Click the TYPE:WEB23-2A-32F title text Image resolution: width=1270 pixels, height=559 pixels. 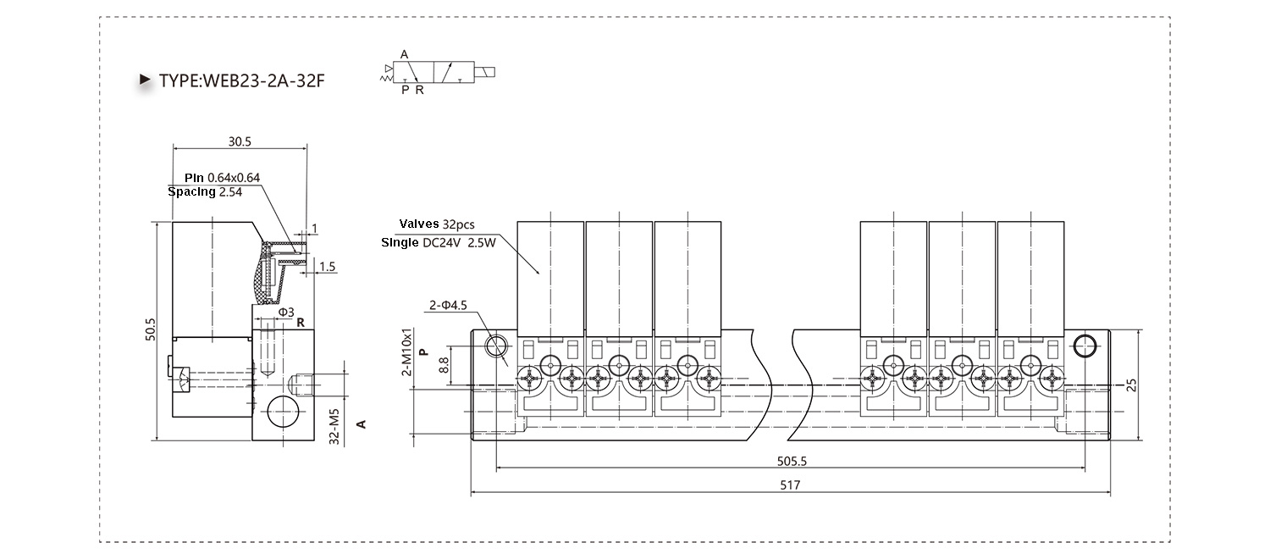pos(241,81)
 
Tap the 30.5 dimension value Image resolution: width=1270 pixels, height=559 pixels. pos(240,141)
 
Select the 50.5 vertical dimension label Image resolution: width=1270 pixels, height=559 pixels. pos(150,329)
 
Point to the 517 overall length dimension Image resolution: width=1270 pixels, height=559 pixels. pos(790,484)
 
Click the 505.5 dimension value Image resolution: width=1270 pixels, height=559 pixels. pos(792,461)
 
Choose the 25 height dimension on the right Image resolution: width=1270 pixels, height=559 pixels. pos(1131,385)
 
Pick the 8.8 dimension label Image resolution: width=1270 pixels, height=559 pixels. pos(444,364)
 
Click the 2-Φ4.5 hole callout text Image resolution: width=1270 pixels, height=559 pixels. pos(448,305)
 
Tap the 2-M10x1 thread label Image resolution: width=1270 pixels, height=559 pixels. pos(406,351)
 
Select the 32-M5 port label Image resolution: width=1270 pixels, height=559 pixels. pos(334,426)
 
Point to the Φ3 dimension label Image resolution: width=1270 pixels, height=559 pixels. pos(286,313)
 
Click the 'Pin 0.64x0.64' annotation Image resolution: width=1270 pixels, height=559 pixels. pos(222,178)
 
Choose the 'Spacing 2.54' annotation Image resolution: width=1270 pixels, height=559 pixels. pos(205,191)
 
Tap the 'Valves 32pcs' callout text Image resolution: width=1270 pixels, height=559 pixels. pos(437,224)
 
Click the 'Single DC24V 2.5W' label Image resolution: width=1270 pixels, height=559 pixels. pos(439,242)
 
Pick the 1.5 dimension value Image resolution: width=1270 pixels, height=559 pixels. pos(327,267)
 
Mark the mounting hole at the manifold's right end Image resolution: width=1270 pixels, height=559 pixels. pos(1085,346)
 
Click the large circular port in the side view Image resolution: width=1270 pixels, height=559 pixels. pos(282,412)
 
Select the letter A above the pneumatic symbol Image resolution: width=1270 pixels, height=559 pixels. pos(404,54)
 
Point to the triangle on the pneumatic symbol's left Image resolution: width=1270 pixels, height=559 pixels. pos(389,69)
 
